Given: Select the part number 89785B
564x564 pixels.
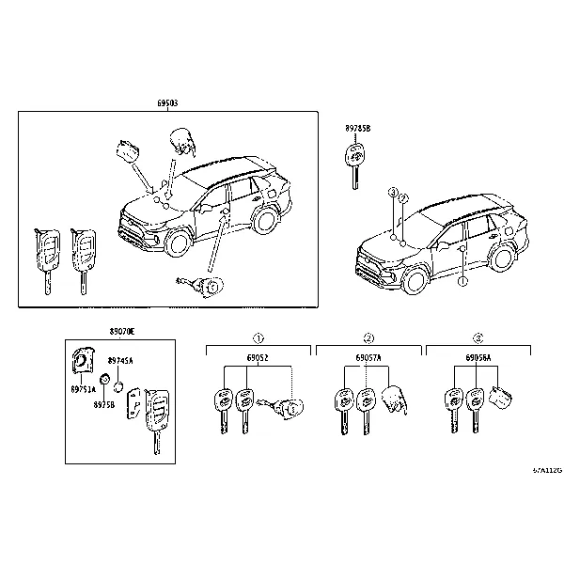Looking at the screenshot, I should point(358,128).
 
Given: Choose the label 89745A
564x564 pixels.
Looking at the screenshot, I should point(120,360).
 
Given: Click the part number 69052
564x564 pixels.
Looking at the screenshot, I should point(258,359).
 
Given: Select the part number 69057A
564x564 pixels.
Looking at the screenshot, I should point(368,359).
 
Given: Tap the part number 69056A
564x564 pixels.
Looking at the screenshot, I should point(478,359).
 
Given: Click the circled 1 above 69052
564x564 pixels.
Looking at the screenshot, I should point(258,337).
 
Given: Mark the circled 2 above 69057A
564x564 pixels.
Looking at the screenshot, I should point(368,337).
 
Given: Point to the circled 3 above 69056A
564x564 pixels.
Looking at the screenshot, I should point(478,337).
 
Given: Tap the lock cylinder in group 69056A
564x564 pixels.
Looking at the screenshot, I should point(503,399).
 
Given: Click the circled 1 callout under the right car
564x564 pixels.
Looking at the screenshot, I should point(462,280).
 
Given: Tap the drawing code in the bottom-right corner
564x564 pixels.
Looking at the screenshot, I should point(546,469).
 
